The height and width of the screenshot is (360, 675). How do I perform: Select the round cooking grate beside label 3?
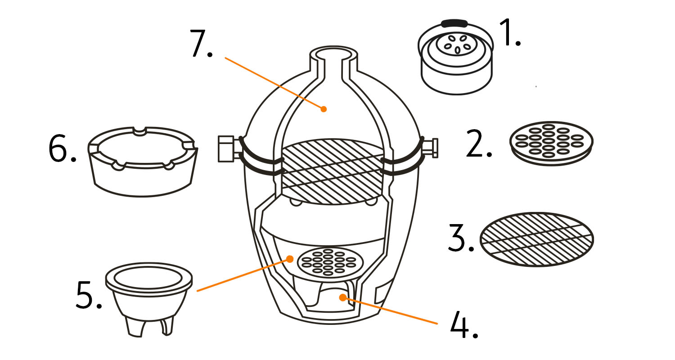pyautogui.click(x=537, y=238)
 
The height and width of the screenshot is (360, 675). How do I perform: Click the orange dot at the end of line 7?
pyautogui.click(x=324, y=108)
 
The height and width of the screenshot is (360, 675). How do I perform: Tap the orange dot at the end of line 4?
pyautogui.click(x=343, y=297)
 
